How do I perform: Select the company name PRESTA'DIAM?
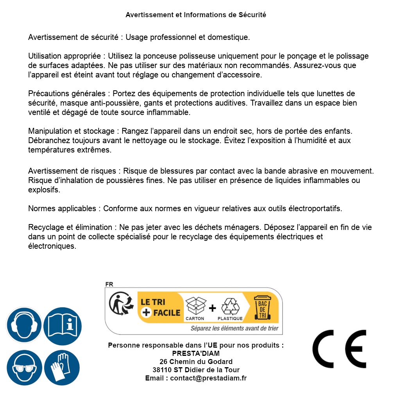tap(196, 354)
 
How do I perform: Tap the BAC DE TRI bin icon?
tap(262, 309)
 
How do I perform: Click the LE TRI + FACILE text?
tap(160, 307)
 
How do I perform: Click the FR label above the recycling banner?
tap(109, 284)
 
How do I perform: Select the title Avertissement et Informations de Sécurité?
tap(196, 15)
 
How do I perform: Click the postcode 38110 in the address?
tap(162, 370)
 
